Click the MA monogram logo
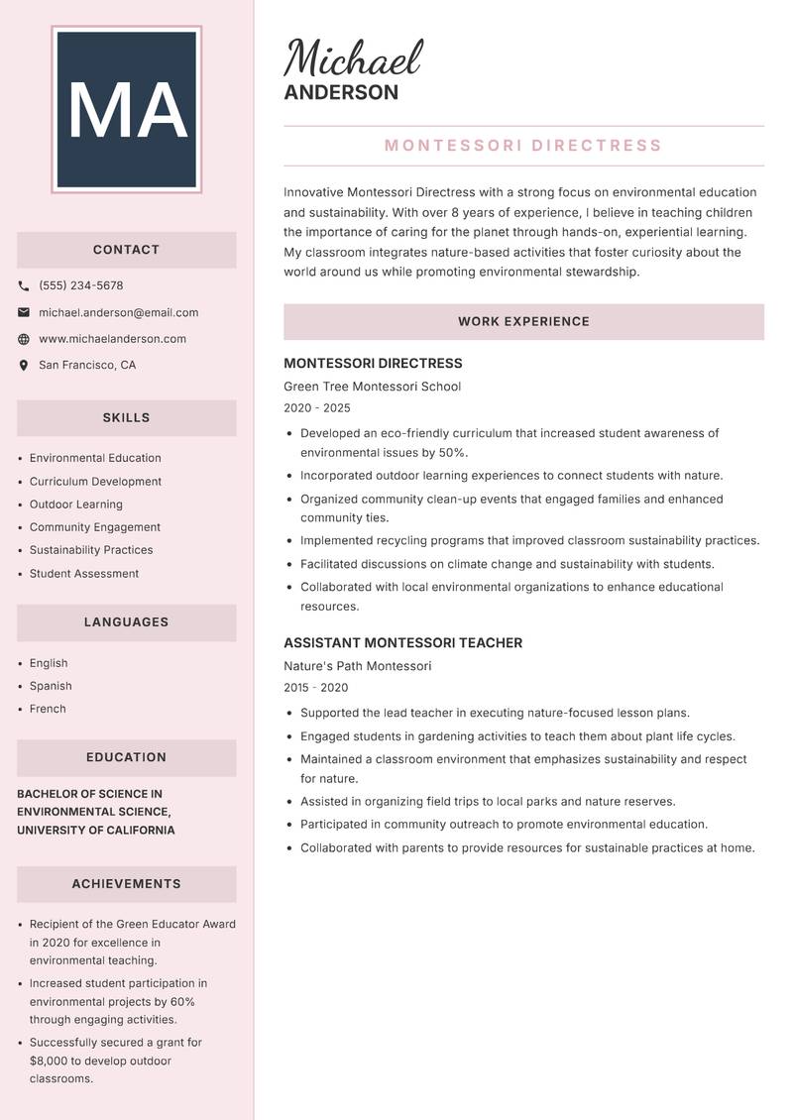[126, 110]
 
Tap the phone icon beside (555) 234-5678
[24, 285]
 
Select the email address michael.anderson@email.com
[118, 312]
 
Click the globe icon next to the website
[24, 339]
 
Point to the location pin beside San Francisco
[24, 365]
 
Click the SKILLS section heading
[126, 418]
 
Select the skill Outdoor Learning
[75, 504]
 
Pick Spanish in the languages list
[51, 686]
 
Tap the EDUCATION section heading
[126, 757]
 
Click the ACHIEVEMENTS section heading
[126, 884]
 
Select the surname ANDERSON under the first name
[341, 93]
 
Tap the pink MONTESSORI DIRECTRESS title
[523, 146]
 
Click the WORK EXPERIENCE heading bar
[523, 322]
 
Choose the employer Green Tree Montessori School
[372, 387]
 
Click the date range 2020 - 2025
[316, 408]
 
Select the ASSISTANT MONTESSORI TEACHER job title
[402, 643]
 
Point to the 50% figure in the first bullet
[452, 452]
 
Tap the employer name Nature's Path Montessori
[357, 666]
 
